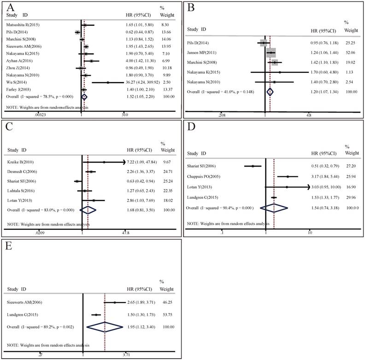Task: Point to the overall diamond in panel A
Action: pos(84,97)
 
